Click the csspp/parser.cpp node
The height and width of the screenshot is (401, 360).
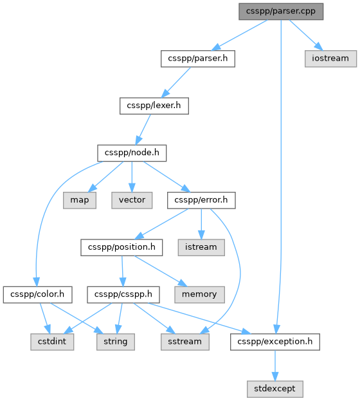click(x=281, y=12)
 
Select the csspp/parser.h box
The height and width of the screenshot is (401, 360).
click(x=198, y=59)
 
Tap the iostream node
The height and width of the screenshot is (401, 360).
click(x=330, y=59)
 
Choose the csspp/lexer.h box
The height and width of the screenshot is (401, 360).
click(x=154, y=106)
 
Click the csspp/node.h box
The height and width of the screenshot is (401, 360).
click(x=132, y=153)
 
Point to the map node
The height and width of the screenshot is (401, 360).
click(x=80, y=200)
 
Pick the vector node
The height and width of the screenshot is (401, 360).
click(x=132, y=200)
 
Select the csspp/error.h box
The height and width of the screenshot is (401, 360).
click(x=201, y=200)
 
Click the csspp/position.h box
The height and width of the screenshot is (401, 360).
click(x=122, y=248)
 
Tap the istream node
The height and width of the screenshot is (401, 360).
click(x=201, y=248)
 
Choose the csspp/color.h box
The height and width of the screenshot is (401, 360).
click(x=37, y=295)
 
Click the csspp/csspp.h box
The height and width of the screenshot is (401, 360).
click(x=123, y=295)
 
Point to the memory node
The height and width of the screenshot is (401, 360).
click(x=199, y=295)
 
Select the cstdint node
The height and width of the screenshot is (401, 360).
click(x=52, y=342)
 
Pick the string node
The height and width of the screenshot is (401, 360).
click(x=116, y=342)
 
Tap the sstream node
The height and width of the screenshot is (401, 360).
click(x=185, y=342)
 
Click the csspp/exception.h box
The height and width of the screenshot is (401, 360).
click(x=275, y=342)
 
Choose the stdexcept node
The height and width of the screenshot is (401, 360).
click(x=275, y=389)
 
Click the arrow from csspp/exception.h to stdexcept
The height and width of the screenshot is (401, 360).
click(x=275, y=366)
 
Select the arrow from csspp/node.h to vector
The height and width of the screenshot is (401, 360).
click(x=132, y=177)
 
